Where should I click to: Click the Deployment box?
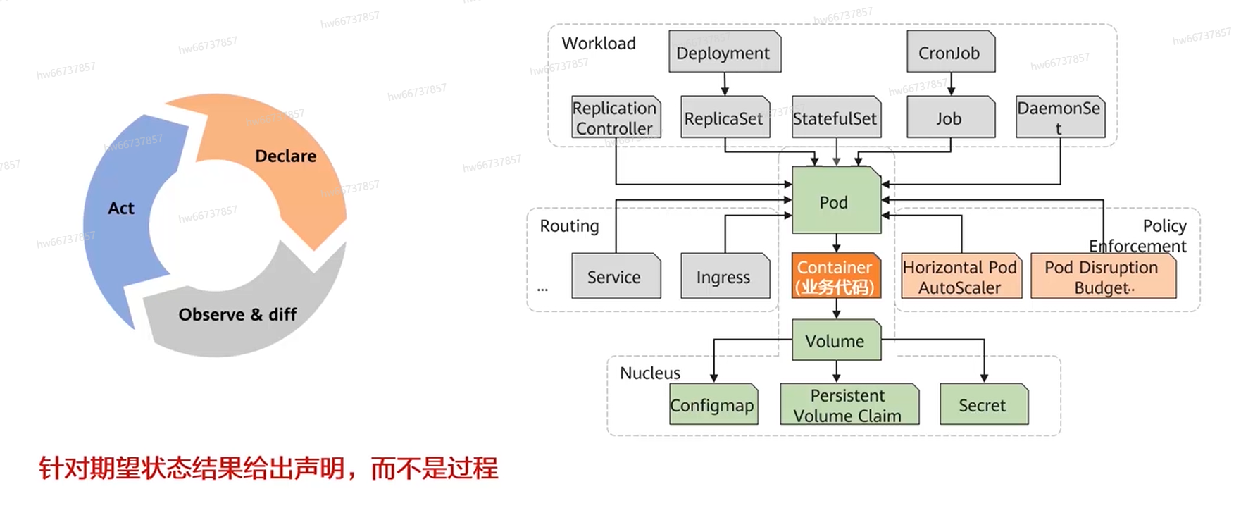point(724,52)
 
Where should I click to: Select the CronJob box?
point(950,52)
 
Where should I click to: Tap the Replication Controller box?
point(615,118)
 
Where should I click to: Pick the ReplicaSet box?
point(725,118)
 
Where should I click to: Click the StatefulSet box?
point(835,118)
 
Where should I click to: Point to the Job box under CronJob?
point(950,118)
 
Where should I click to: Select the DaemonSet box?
point(1059,118)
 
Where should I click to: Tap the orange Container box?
point(835,276)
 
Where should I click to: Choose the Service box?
point(615,276)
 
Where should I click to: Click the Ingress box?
point(725,276)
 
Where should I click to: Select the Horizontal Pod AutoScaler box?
point(961,276)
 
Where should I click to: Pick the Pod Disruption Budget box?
point(1102,276)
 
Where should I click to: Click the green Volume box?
point(835,340)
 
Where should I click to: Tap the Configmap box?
point(713,404)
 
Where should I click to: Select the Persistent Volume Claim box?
point(849,404)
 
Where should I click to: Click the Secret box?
point(983,404)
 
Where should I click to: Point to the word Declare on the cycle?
point(285,156)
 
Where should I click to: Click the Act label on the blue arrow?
point(121,208)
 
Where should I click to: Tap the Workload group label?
point(599,44)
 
